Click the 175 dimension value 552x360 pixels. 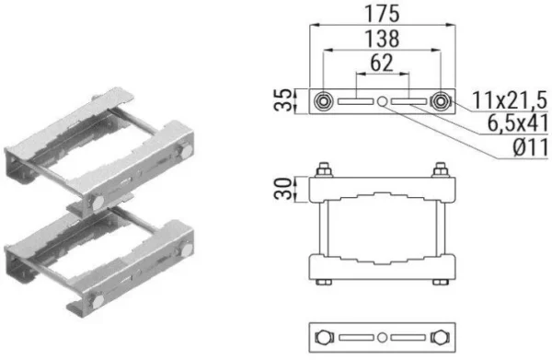[382, 14]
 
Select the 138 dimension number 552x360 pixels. [382, 39]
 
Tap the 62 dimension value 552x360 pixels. [382, 63]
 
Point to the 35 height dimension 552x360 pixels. [283, 100]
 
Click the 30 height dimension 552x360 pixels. [283, 189]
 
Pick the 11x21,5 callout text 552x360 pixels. [510, 100]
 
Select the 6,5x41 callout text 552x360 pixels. [517, 123]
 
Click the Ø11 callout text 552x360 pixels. [531, 147]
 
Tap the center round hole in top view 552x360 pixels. [383, 101]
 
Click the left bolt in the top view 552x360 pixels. [323, 101]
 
